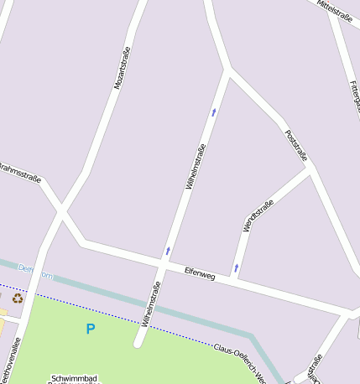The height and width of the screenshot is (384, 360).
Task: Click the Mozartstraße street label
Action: pyautogui.click(x=123, y=68)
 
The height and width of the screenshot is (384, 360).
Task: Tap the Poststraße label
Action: pyautogui.click(x=296, y=144)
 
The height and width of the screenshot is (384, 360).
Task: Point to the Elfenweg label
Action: pyautogui.click(x=200, y=274)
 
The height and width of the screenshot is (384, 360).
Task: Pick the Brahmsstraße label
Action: pyautogui.click(x=20, y=170)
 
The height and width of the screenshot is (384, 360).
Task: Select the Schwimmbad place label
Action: pyautogui.click(x=74, y=378)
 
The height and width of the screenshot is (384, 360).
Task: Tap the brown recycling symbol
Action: pyautogui.click(x=18, y=298)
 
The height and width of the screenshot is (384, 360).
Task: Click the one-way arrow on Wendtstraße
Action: pyautogui.click(x=236, y=268)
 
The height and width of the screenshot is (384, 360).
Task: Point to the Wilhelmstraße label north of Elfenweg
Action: pyautogui.click(x=196, y=167)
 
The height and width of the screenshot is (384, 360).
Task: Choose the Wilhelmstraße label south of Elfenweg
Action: pyautogui.click(x=151, y=304)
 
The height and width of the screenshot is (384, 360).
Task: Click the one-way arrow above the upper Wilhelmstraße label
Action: pyautogui.click(x=214, y=111)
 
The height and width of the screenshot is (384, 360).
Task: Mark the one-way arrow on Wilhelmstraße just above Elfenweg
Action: pyautogui.click(x=168, y=250)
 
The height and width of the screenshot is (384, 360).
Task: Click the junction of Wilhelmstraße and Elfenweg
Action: pyautogui.click(x=161, y=266)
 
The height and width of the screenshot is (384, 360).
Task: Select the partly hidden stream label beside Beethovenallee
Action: pyautogui.click(x=35, y=271)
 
